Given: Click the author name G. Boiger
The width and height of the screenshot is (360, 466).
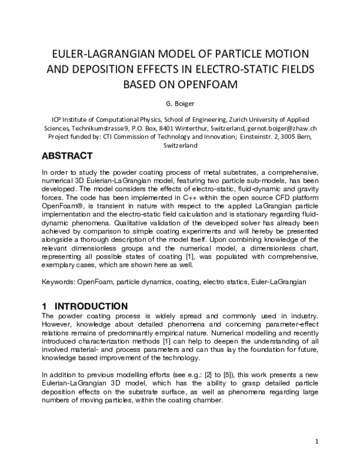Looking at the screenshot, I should [179, 102].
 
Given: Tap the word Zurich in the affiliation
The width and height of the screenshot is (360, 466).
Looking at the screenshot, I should [239, 120].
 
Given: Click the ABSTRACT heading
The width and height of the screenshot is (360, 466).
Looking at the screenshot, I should [67, 156].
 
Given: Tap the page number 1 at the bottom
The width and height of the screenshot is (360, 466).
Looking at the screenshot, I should [316, 443].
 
